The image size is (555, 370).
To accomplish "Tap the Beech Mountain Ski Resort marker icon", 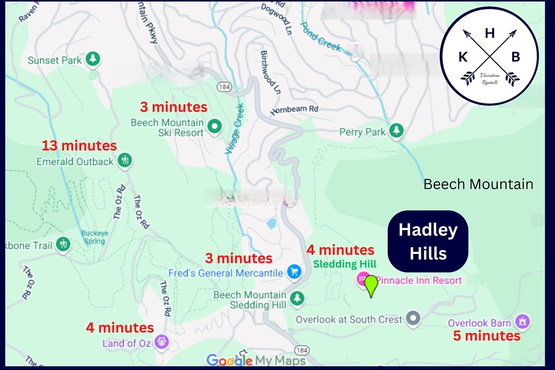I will [214, 126].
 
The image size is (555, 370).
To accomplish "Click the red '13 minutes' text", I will [79, 146].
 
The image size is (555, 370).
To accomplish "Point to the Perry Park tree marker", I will [396, 131].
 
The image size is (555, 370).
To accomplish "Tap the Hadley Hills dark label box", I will [428, 241].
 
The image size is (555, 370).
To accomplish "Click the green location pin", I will [371, 285].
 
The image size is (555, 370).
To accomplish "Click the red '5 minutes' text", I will [487, 336].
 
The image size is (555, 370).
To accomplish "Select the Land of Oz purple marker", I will [162, 342].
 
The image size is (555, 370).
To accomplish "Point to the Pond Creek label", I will [321, 37].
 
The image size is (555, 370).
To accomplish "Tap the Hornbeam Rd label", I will [295, 110].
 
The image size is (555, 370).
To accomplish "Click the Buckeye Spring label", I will [95, 237].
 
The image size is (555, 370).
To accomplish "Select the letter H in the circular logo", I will [489, 33].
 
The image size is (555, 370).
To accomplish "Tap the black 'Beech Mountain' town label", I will [478, 184].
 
